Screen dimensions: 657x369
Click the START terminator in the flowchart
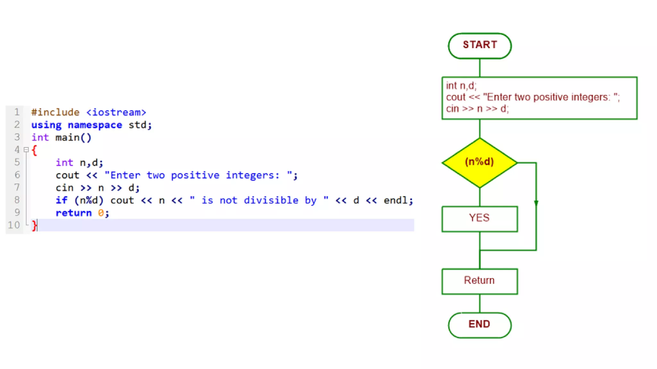[x=480, y=45]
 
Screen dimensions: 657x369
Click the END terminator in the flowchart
[x=480, y=324]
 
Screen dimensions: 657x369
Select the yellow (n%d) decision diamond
[x=480, y=162]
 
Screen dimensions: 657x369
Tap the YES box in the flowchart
[x=480, y=218]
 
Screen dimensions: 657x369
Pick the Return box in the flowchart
[x=480, y=281]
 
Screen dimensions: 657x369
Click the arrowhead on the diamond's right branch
[x=536, y=203]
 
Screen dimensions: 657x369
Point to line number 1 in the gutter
[x=17, y=112]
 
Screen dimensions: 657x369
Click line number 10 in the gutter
[x=14, y=225]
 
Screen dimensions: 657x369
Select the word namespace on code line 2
[x=95, y=125]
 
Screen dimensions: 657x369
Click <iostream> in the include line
[x=116, y=112]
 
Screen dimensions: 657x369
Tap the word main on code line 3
[x=67, y=137]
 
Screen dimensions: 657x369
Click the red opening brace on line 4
[x=34, y=150]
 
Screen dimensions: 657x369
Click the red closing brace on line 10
[x=34, y=225]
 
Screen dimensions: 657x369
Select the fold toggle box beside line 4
[x=26, y=150]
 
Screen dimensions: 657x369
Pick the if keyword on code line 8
[x=62, y=200]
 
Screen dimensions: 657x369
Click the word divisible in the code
[x=271, y=200]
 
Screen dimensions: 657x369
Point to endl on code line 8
[x=396, y=200]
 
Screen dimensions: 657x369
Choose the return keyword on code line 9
[x=73, y=213]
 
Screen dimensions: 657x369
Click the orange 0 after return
[x=101, y=213]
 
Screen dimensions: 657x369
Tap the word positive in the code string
[x=195, y=175]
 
